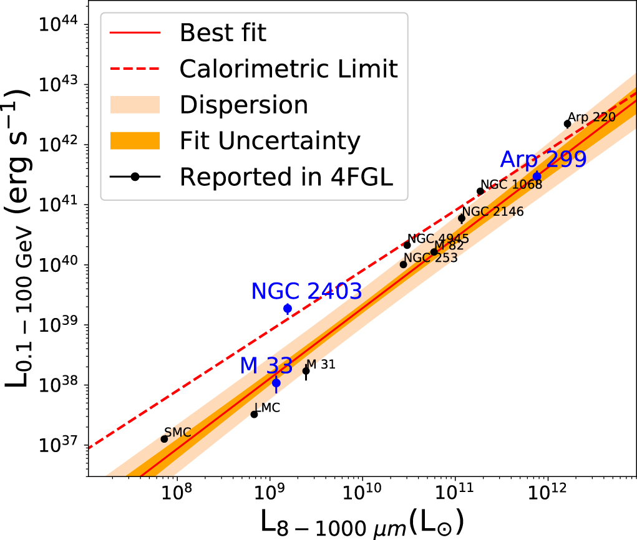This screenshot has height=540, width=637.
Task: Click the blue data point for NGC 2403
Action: pos(288,308)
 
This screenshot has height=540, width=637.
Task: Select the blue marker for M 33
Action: pos(276,383)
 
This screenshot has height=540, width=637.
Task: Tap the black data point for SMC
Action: pos(164,439)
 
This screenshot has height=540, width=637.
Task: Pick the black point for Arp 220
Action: pos(567,123)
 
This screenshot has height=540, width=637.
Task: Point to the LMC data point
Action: pos(254,414)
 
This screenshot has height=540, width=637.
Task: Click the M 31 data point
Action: pos(306,371)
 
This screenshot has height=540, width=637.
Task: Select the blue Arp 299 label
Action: pos(543,159)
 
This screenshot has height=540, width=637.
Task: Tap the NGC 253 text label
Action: pos(430,258)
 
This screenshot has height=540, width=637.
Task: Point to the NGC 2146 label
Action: pos(493,211)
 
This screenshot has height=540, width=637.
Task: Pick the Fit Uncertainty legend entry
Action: pos(270,140)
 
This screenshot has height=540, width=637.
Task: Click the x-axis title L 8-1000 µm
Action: pos(361,523)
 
